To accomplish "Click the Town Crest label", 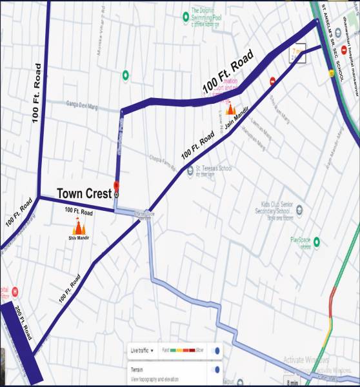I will pyautogui.click(x=85, y=193).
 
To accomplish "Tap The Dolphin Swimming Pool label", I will pyautogui.click(x=208, y=14).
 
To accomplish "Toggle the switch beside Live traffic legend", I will pyautogui.click(x=217, y=350).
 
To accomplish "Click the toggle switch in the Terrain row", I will pyautogui.click(x=217, y=370).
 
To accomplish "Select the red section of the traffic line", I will pyautogui.click(x=330, y=303).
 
